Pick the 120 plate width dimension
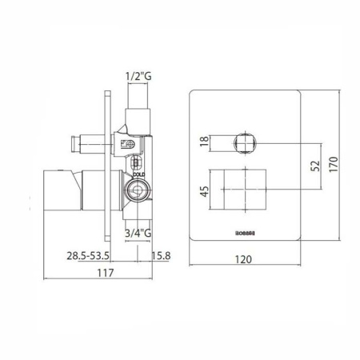click(x=245, y=259)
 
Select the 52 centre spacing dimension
click(x=314, y=166)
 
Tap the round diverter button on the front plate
click(x=244, y=145)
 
